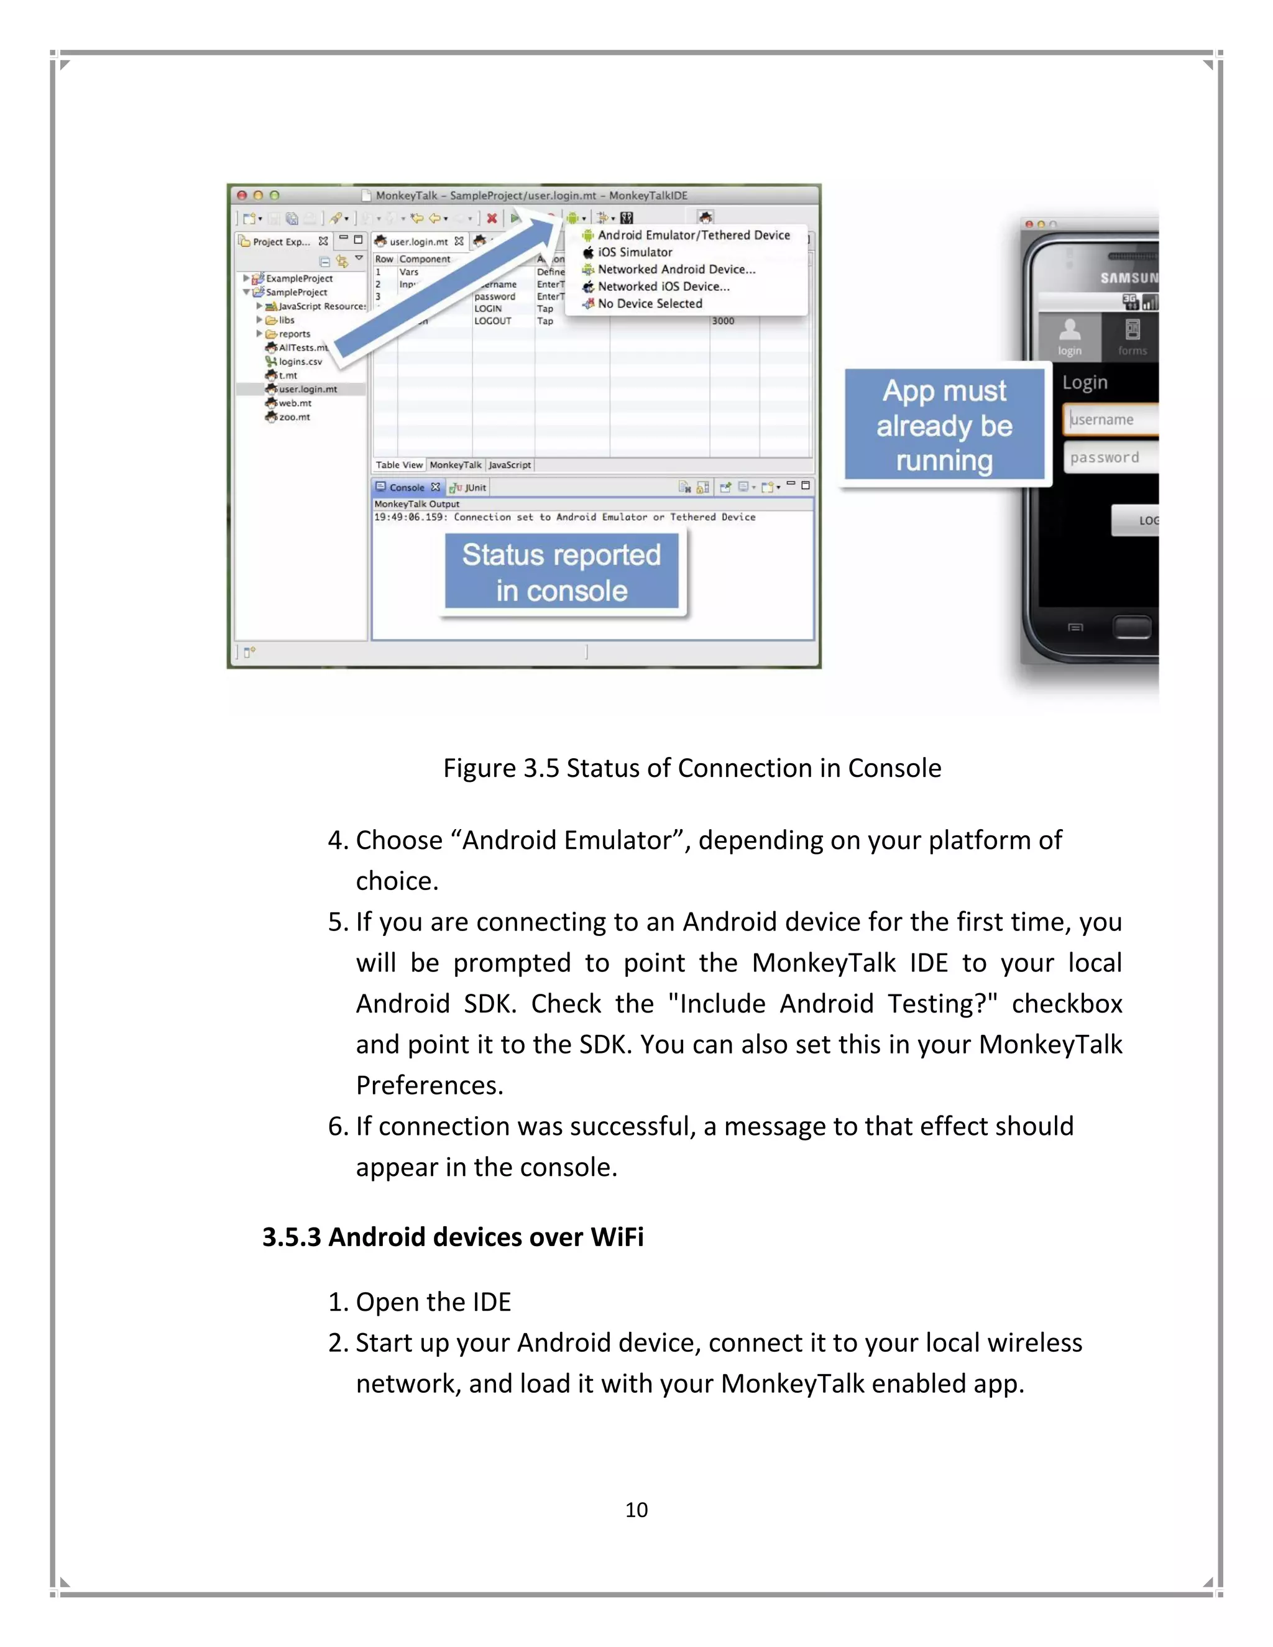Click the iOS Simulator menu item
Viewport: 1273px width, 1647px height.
pyautogui.click(x=634, y=252)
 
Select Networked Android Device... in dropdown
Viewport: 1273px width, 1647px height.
pyautogui.click(x=676, y=269)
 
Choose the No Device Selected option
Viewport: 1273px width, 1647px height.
pyautogui.click(x=650, y=304)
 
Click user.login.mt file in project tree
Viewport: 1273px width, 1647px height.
pyautogui.click(x=308, y=389)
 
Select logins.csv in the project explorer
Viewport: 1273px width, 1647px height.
pyautogui.click(x=300, y=362)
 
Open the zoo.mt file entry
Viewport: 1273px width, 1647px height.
pyautogui.click(x=294, y=417)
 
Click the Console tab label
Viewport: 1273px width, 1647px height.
pyautogui.click(x=407, y=488)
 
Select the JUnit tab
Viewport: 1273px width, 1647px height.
pyautogui.click(x=474, y=488)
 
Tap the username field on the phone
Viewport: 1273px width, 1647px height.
pyautogui.click(x=1109, y=420)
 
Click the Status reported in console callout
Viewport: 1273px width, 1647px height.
pyautogui.click(x=561, y=572)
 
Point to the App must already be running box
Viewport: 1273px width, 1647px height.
pyautogui.click(x=944, y=425)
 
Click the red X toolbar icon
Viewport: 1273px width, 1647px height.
pyautogui.click(x=492, y=219)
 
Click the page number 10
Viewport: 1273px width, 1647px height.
pyautogui.click(x=636, y=1510)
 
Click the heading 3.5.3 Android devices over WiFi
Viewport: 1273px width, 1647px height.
pyautogui.click(x=453, y=1237)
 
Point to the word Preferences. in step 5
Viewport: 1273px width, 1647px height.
pyautogui.click(x=429, y=1085)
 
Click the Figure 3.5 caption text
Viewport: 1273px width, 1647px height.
pyautogui.click(x=692, y=768)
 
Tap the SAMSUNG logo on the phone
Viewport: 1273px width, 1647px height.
pyautogui.click(x=1128, y=278)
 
